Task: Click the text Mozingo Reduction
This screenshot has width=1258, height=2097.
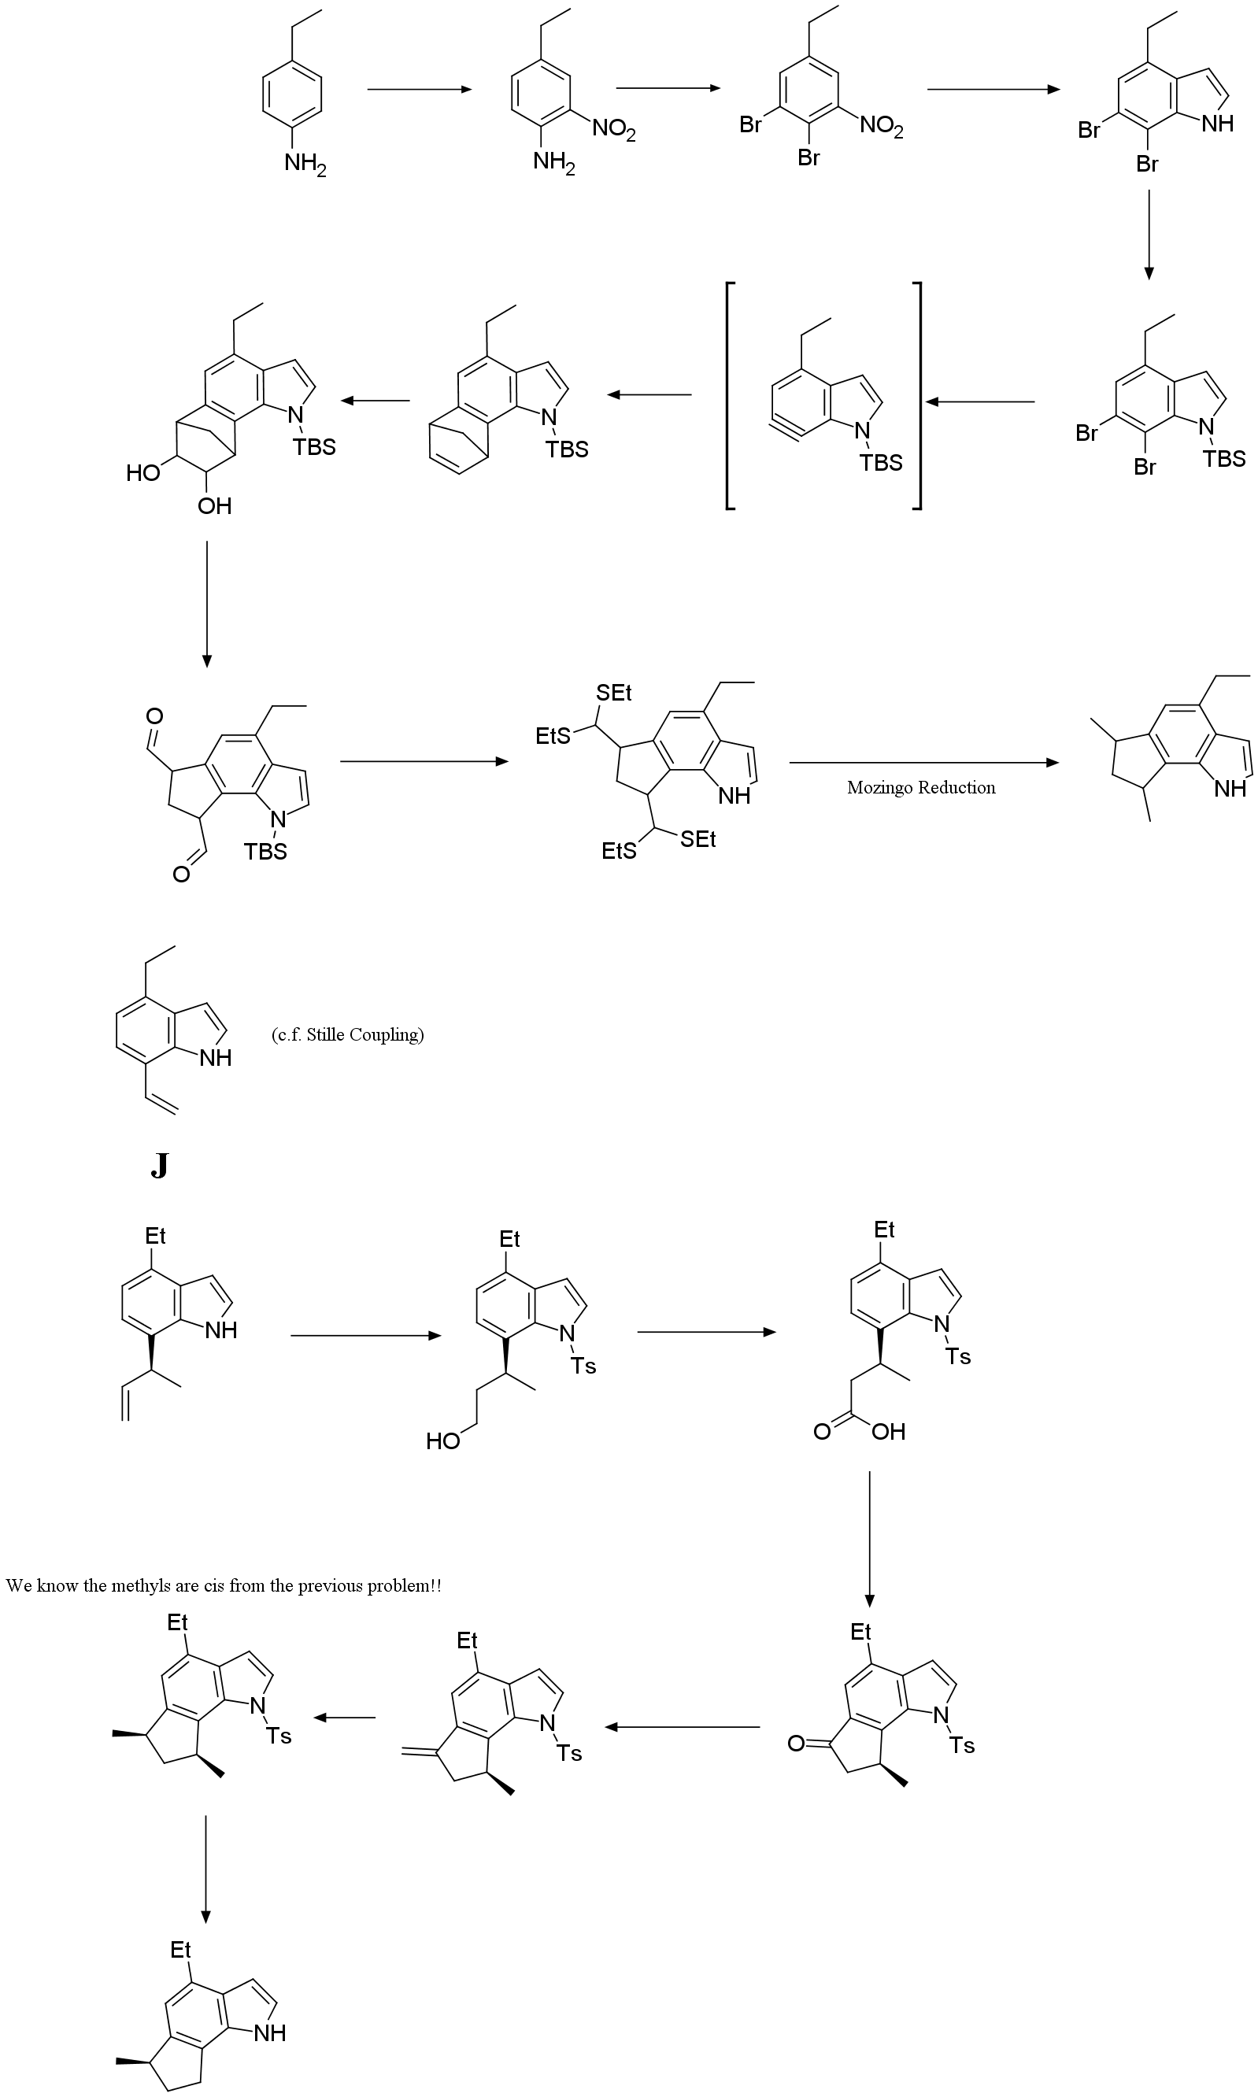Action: click(920, 787)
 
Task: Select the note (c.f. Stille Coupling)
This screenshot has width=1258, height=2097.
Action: click(347, 1035)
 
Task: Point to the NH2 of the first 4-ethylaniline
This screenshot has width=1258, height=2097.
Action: click(305, 164)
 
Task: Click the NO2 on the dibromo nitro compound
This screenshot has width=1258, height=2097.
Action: click(882, 126)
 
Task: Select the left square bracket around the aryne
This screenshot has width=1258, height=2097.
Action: click(730, 395)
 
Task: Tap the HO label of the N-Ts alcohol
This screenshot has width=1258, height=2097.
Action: click(442, 1441)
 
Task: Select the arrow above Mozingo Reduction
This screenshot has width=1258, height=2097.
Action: click(923, 763)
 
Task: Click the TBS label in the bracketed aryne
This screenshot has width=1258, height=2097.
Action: click(881, 463)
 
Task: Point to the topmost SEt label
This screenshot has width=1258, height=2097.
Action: click(614, 693)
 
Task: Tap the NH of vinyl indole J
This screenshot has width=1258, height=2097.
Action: click(216, 1058)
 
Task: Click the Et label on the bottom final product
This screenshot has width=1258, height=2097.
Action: click(180, 1951)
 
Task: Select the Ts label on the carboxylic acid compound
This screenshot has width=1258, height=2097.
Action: click(958, 1357)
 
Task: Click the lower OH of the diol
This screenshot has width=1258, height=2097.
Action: click(214, 506)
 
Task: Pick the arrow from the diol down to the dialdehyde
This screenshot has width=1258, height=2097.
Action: click(206, 603)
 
